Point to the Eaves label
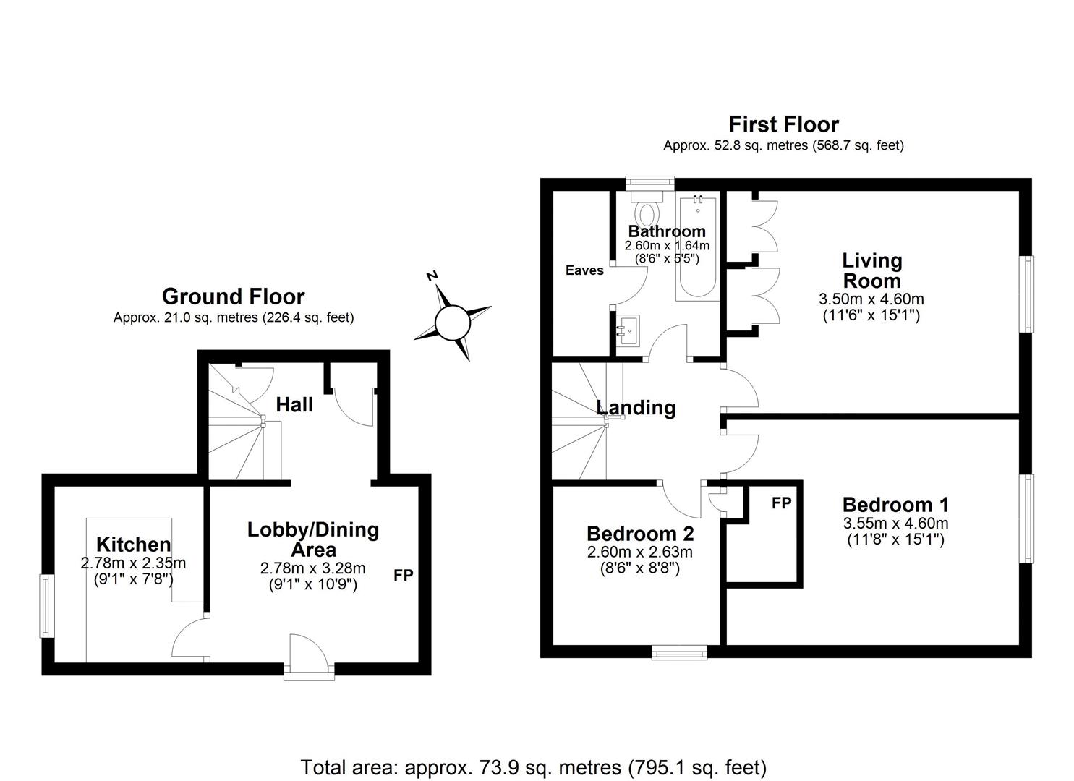tap(584, 270)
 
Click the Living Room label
tap(871, 270)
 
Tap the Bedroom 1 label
tap(895, 505)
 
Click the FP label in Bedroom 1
tap(781, 503)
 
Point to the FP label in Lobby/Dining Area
tap(404, 576)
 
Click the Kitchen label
tap(134, 545)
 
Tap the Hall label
tap(294, 405)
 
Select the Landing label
tap(636, 408)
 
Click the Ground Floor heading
tap(233, 296)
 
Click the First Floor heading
tap(783, 124)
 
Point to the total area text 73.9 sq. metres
tap(533, 767)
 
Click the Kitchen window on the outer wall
tap(47, 606)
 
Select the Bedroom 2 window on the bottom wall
tap(679, 652)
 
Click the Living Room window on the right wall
tap(1026, 294)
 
